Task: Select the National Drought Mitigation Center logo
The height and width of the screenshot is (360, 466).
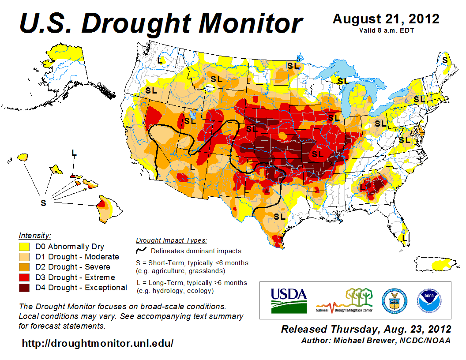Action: click(344, 300)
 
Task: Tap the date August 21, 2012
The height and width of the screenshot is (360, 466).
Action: click(386, 19)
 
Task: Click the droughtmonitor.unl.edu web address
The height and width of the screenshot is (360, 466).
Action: click(98, 343)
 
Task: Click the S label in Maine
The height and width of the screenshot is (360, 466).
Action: click(445, 60)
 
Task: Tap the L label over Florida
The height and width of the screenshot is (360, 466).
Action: click(404, 238)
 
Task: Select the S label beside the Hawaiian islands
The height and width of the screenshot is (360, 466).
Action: click(43, 203)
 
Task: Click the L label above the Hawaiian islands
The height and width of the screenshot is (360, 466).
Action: click(74, 153)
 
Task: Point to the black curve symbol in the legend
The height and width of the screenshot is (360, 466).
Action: click(141, 251)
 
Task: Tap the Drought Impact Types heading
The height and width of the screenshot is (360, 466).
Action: click(171, 240)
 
